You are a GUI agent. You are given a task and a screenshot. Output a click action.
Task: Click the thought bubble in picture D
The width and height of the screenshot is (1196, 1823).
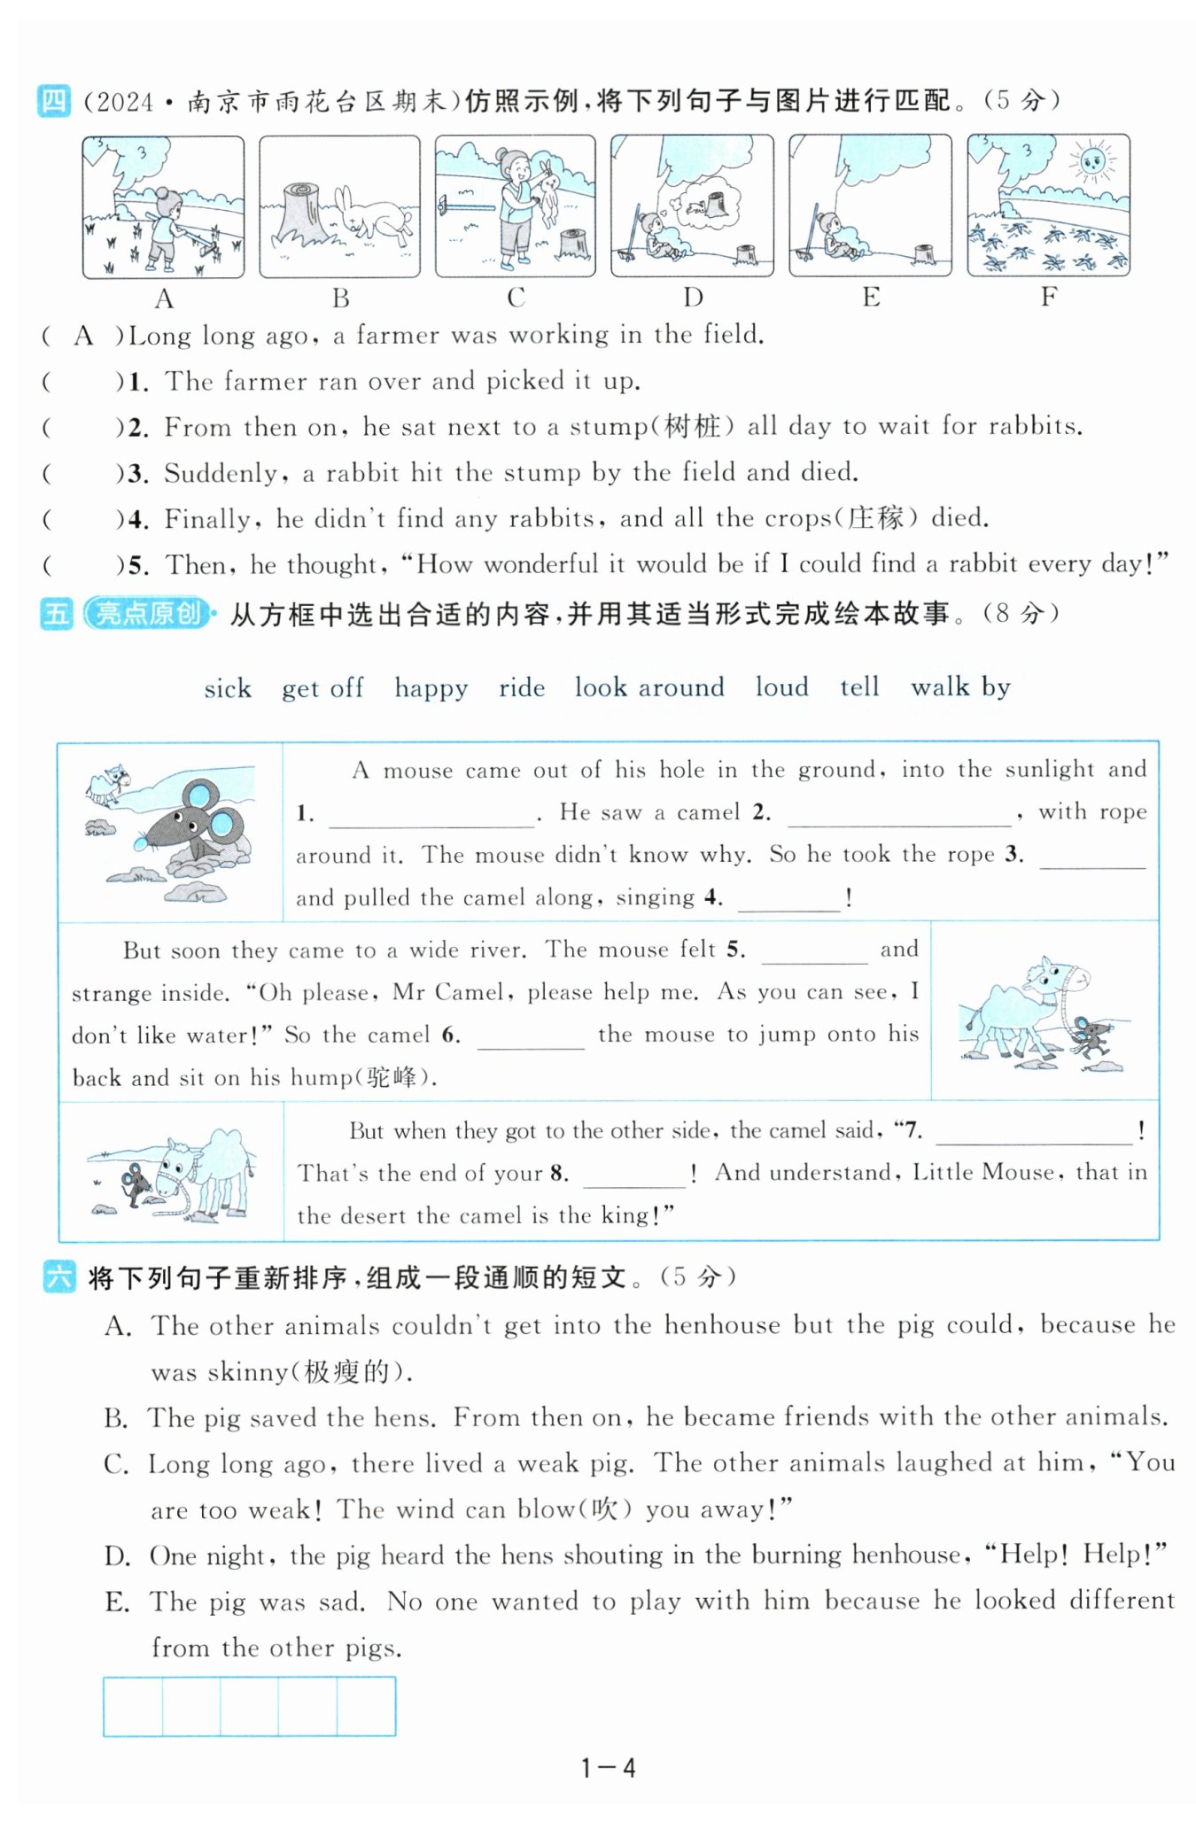click(705, 205)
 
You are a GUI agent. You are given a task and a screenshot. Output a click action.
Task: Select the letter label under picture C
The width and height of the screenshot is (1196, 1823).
click(516, 298)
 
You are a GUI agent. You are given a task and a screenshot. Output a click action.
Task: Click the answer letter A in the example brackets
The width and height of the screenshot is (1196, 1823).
click(84, 336)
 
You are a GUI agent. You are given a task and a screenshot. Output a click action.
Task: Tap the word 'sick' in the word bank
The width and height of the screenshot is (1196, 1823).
click(228, 688)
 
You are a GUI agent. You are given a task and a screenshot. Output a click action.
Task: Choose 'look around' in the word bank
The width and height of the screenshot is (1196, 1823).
click(649, 687)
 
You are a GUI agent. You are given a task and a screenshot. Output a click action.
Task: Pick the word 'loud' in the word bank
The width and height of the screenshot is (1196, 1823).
click(781, 687)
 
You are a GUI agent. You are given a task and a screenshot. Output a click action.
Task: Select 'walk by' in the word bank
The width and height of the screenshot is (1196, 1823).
click(960, 687)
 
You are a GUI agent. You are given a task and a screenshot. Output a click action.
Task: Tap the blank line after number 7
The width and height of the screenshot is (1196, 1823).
click(1033, 1134)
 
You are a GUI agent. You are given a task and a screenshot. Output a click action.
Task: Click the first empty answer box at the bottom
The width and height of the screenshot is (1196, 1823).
click(133, 1706)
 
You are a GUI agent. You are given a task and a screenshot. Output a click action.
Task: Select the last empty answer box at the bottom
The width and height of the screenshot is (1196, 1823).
click(366, 1706)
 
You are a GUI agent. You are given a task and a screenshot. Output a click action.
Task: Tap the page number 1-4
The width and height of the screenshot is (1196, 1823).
click(608, 1769)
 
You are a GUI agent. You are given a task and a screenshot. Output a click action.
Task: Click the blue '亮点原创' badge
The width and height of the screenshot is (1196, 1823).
click(148, 613)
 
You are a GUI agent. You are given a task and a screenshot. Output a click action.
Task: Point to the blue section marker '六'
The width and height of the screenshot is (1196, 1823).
click(58, 1277)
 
